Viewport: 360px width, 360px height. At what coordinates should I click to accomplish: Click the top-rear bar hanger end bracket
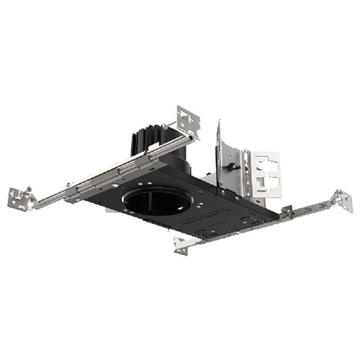pos(189,120)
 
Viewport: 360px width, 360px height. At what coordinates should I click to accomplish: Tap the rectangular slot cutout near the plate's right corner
pos(252,215)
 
